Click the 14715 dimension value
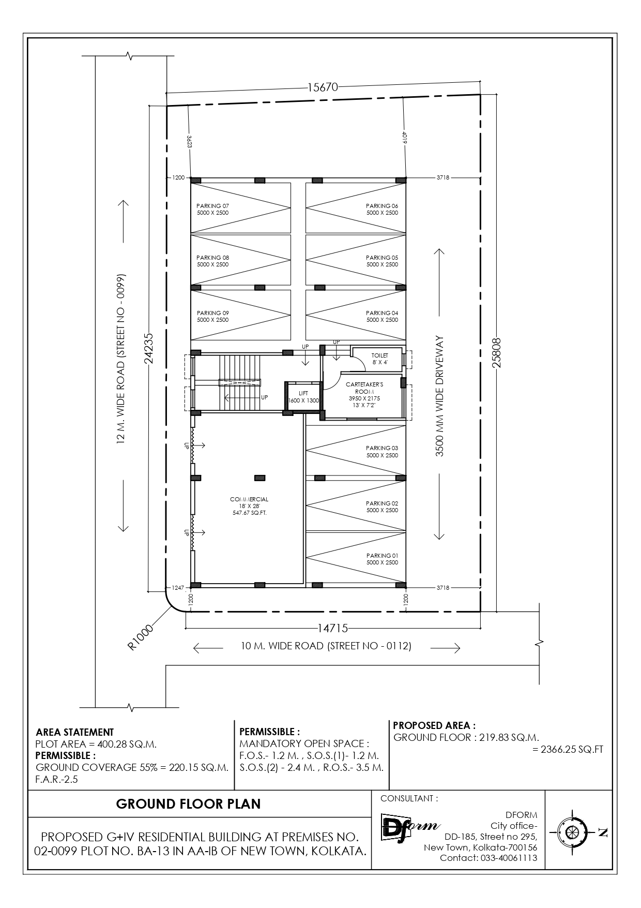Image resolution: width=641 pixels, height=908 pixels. coord(332,628)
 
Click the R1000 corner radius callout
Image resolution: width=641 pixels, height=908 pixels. coord(141,637)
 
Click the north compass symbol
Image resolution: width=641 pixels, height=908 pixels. coord(571,832)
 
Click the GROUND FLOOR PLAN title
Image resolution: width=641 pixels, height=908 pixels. coord(188,803)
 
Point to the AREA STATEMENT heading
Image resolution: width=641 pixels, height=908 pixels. coord(75,732)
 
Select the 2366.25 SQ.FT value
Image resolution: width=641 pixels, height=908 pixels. coord(568,749)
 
